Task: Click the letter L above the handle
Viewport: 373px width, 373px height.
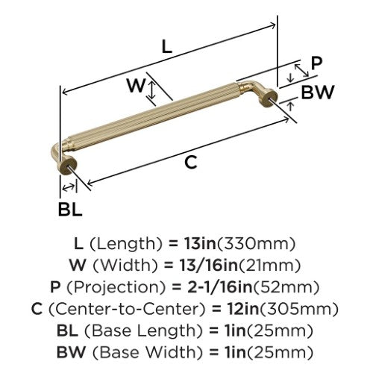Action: click(167, 46)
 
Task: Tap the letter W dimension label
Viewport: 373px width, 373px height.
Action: click(136, 85)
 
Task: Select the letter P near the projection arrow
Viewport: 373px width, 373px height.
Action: click(316, 63)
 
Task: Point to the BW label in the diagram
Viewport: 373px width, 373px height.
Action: click(317, 92)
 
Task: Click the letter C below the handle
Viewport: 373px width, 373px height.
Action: click(191, 163)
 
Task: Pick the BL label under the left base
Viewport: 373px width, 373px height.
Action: click(70, 209)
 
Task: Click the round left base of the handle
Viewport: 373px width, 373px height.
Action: click(66, 166)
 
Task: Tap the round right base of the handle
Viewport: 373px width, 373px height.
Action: click(269, 98)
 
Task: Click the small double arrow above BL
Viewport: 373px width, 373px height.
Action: click(69, 187)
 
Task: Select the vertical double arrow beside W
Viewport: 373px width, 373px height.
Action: click(152, 90)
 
